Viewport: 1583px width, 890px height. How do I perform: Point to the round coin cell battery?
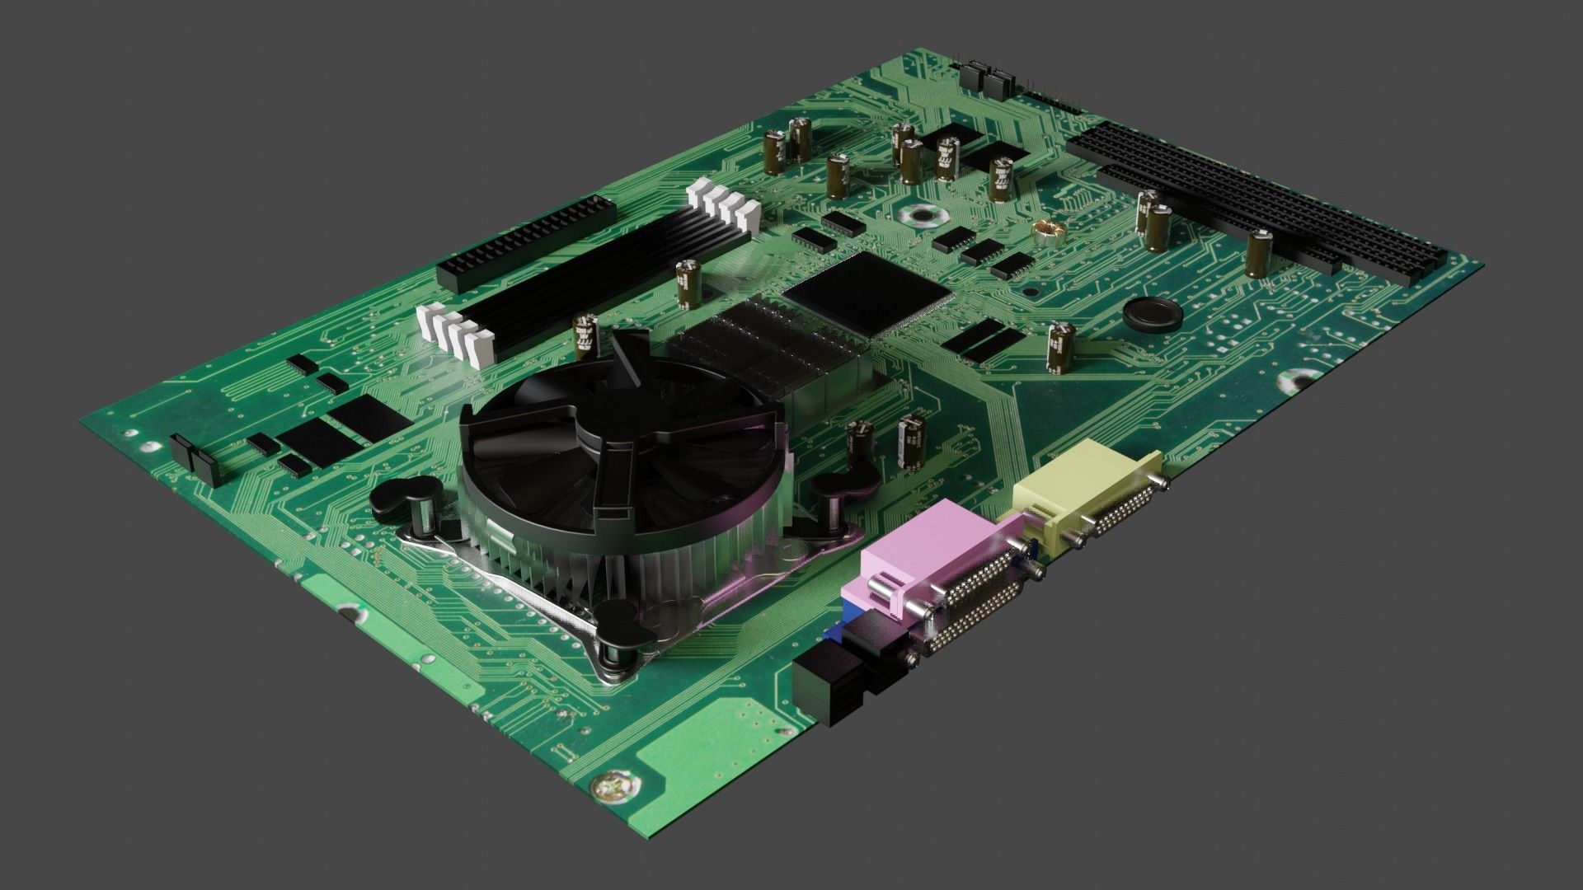pyautogui.click(x=1152, y=313)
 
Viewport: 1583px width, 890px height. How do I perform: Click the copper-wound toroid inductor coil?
pyautogui.click(x=1049, y=234)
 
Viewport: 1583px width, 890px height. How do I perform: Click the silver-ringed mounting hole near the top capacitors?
pyautogui.click(x=919, y=217)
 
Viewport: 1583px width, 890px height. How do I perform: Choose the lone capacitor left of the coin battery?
pyautogui.click(x=1059, y=347)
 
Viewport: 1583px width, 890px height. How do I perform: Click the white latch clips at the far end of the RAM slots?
pyautogui.click(x=724, y=205)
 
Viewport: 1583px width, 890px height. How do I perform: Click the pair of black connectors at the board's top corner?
pyautogui.click(x=986, y=80)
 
